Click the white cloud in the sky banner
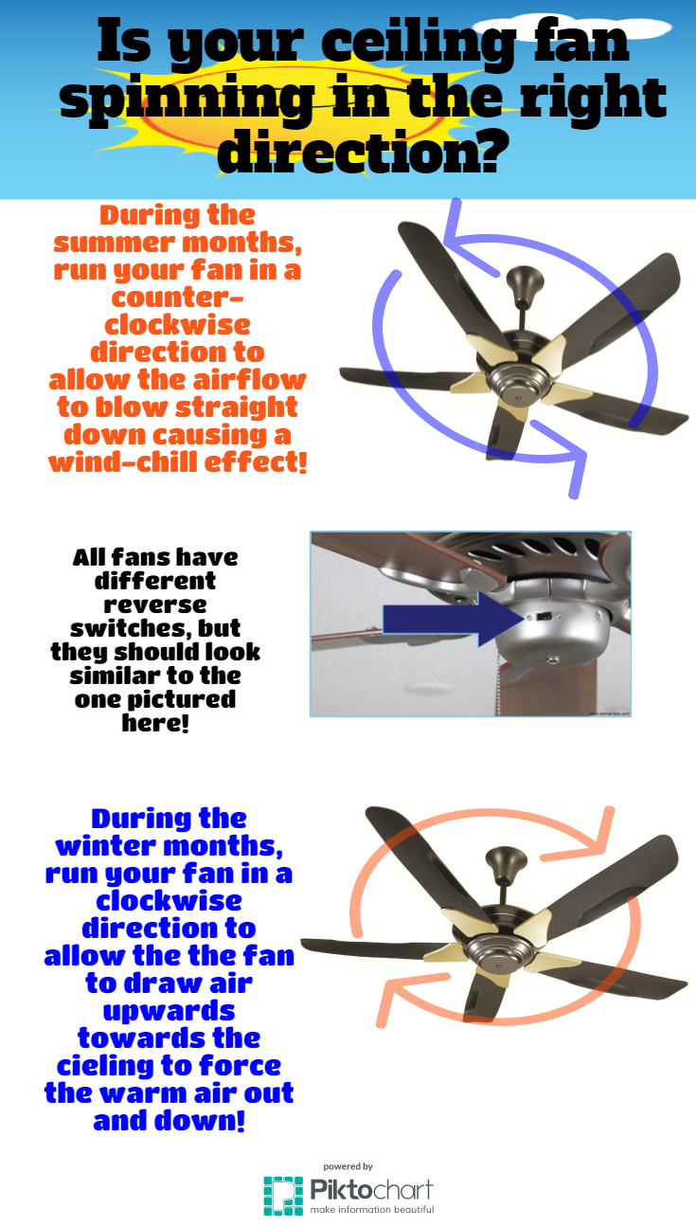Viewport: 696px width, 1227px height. [572, 27]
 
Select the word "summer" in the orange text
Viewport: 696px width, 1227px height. [114, 243]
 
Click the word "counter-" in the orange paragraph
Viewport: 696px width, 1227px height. [177, 298]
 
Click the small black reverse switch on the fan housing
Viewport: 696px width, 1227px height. [544, 616]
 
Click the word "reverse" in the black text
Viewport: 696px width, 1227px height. [155, 604]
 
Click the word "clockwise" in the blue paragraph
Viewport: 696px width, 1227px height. [169, 901]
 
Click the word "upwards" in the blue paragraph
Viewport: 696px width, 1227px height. [169, 1011]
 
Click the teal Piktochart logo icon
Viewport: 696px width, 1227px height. [283, 1196]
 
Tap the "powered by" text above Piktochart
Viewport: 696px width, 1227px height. [348, 1166]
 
